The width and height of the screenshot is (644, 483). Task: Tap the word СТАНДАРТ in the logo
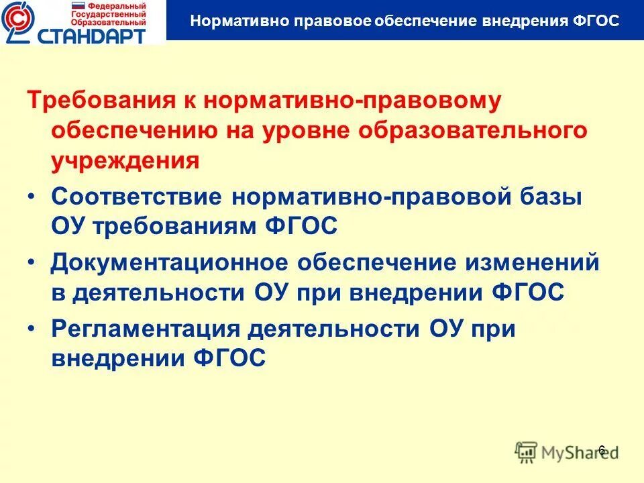[96, 34]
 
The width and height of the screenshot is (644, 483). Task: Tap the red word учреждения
[125, 161]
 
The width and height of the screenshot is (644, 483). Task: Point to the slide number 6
[602, 449]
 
